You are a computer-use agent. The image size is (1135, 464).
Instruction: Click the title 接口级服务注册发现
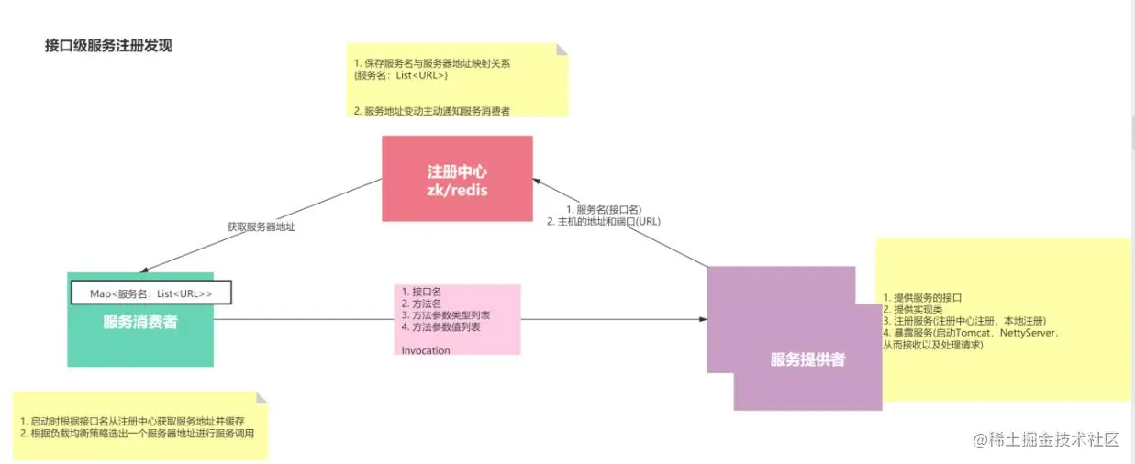point(108,46)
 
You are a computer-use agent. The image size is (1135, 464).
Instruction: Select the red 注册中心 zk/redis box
point(457,179)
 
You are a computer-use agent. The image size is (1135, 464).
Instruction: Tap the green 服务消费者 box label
point(139,322)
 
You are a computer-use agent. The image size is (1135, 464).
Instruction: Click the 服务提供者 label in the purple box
point(807,360)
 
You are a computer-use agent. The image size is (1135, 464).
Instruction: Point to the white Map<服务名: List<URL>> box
point(151,293)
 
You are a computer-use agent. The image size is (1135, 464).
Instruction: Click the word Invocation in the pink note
point(426,350)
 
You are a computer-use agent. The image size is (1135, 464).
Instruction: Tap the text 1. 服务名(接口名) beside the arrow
point(603,210)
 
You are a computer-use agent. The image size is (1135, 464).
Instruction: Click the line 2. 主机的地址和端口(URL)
point(603,222)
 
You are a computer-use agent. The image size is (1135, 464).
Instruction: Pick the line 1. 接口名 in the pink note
point(422,292)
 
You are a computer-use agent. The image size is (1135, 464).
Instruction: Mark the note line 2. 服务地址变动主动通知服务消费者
point(431,111)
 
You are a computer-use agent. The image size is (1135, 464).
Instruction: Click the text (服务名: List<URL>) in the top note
point(401,75)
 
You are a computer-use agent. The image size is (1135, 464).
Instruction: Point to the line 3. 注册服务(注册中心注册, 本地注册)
point(963,321)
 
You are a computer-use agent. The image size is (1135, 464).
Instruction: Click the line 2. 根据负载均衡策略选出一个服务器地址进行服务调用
point(137,434)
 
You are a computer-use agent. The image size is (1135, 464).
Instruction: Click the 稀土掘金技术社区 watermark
point(1047,440)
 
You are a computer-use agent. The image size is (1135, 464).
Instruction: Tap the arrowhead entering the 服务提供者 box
point(703,320)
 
